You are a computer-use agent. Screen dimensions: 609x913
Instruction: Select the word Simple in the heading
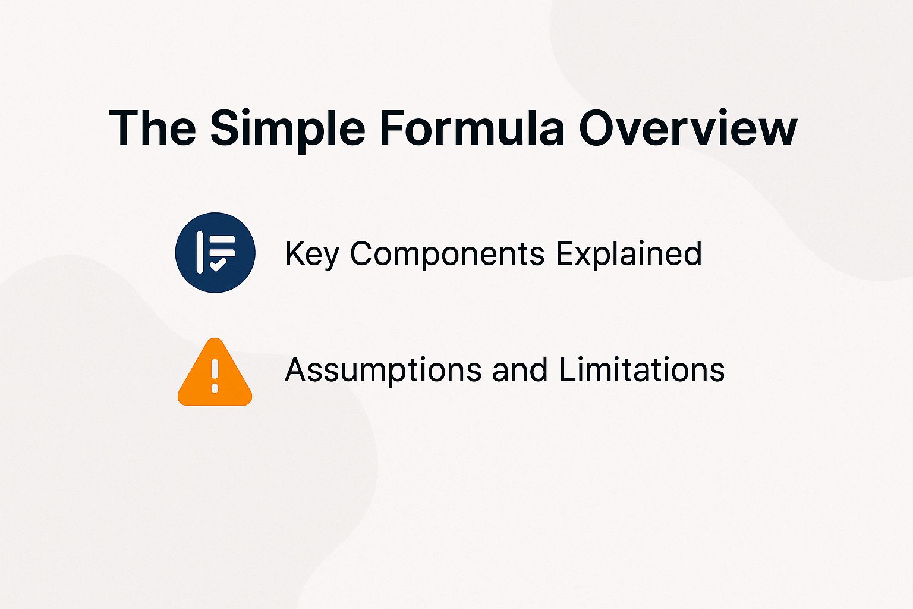[288, 129]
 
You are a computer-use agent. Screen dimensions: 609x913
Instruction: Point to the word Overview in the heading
[688, 128]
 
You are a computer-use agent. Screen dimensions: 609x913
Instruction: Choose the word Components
[447, 255]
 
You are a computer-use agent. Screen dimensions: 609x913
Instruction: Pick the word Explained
[628, 255]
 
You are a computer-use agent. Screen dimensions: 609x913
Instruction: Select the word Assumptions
[383, 371]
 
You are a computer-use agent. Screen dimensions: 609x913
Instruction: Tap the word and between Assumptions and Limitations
[520, 369]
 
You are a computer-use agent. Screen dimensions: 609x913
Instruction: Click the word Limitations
[641, 369]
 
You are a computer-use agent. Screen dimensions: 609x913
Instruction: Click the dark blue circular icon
[215, 252]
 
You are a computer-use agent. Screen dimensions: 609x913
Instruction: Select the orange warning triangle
[215, 375]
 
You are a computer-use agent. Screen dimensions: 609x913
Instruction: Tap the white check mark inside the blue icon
[218, 265]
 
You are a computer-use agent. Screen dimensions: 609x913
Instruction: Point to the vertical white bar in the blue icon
[200, 252]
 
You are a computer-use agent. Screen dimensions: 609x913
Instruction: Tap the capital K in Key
[294, 253]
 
